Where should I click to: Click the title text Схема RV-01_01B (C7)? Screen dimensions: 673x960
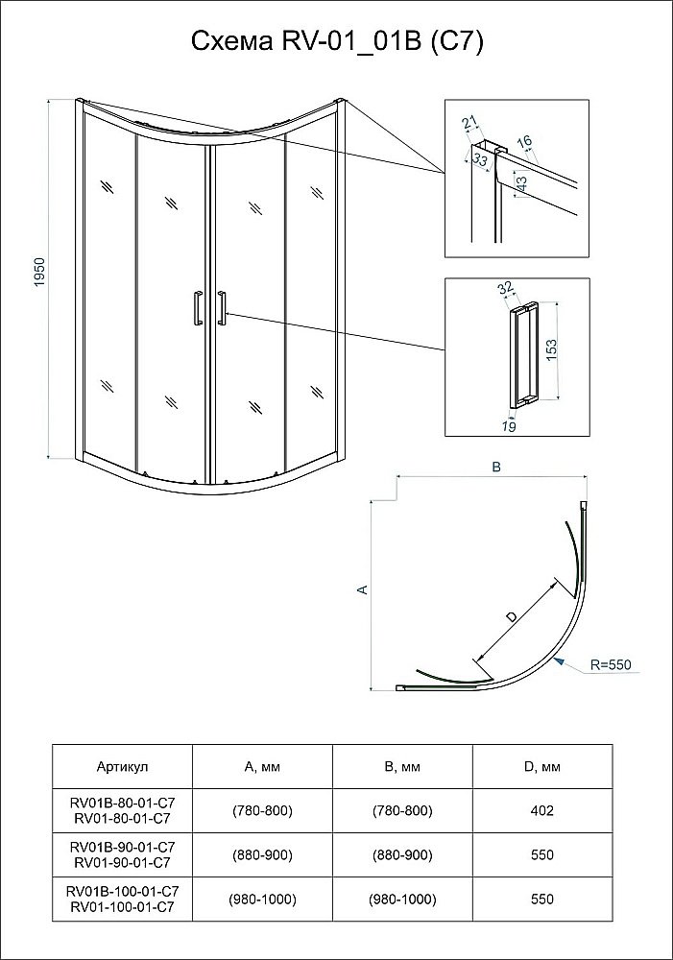(x=337, y=42)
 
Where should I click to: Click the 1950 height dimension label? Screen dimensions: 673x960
(x=40, y=273)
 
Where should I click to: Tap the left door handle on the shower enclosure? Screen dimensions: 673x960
(x=197, y=310)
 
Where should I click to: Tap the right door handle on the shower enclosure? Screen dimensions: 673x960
(x=222, y=310)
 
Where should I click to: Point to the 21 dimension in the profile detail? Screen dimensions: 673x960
(x=469, y=124)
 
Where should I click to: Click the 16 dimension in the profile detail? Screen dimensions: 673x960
(x=524, y=142)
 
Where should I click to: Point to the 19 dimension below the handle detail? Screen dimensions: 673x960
(x=509, y=427)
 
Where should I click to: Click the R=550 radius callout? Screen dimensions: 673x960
(x=611, y=664)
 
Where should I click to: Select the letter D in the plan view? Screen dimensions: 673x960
(x=512, y=616)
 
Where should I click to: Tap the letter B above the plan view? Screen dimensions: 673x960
(x=496, y=468)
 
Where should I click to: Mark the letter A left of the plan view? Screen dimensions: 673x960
(x=363, y=589)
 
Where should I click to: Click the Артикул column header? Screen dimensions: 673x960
(x=123, y=766)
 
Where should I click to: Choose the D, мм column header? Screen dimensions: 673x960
(x=542, y=766)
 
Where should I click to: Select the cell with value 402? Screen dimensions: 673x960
(x=542, y=810)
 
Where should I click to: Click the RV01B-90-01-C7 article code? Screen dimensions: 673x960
(x=123, y=848)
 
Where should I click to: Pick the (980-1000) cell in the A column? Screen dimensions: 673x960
(x=263, y=900)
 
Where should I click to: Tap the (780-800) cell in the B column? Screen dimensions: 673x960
(x=402, y=810)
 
